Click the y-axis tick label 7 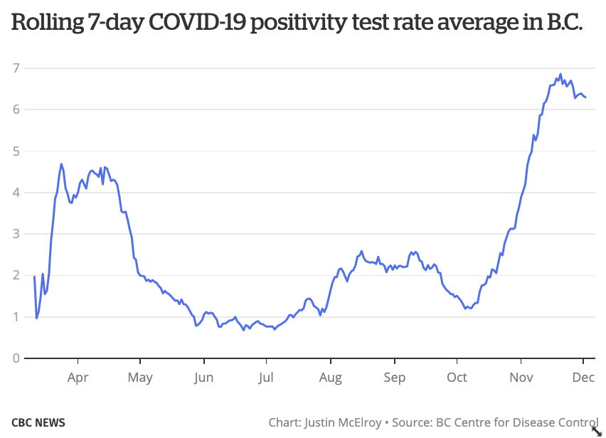pos(15,68)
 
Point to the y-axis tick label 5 pos(15,151)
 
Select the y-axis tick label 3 pos(15,234)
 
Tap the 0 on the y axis pos(15,358)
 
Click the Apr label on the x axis pos(78,378)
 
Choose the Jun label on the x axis pos(203,378)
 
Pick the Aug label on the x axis pos(330,378)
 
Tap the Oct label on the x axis pos(457,378)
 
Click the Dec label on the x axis pos(584,378)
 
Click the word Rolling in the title pos(45,25)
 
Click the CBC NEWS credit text pos(38,422)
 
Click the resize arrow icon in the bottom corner pos(597,430)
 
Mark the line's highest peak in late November pos(560,74)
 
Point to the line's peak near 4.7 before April pos(61,164)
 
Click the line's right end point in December pos(585,97)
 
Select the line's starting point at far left pos(34,276)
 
